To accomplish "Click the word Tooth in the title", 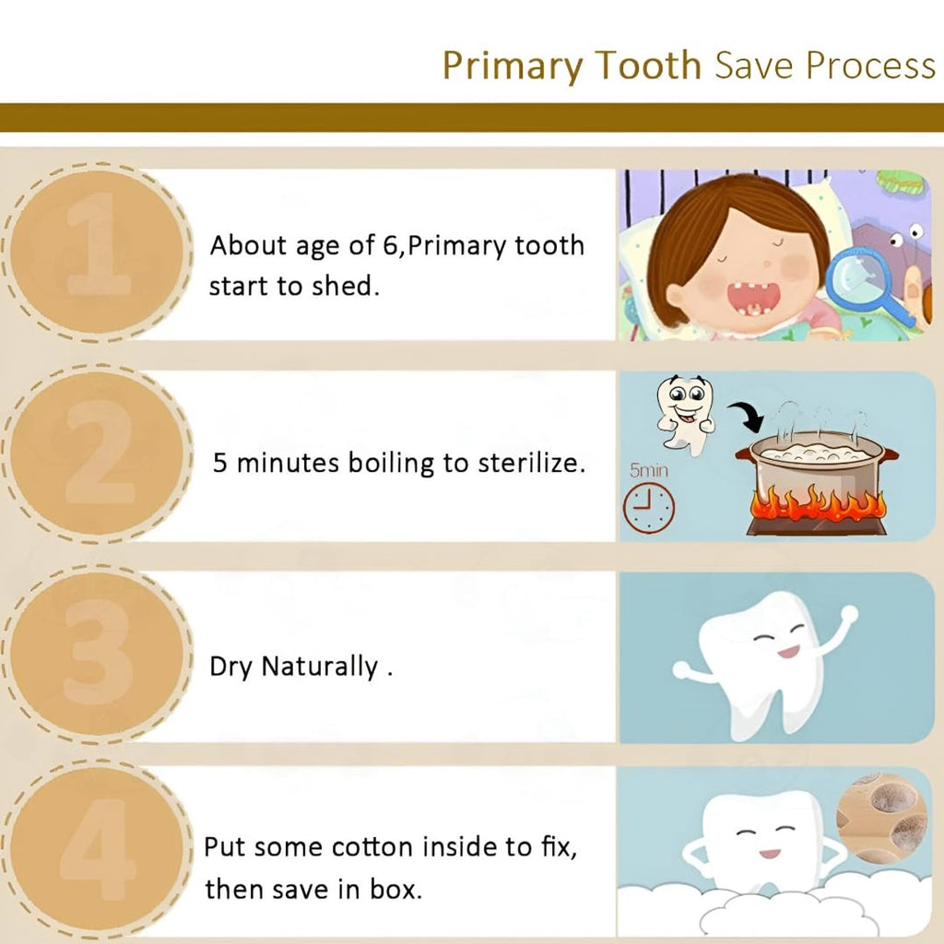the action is [648, 65].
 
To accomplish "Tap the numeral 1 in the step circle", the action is [98, 243].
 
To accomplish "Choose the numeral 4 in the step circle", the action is [98, 849].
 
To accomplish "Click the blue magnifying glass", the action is [867, 286].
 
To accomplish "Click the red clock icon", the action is [648, 508].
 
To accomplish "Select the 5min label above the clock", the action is [649, 469].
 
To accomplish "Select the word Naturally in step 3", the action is [319, 667].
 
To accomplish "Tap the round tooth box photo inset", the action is [881, 818].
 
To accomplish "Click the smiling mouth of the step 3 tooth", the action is [789, 652].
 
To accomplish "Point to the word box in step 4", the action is [395, 889].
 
